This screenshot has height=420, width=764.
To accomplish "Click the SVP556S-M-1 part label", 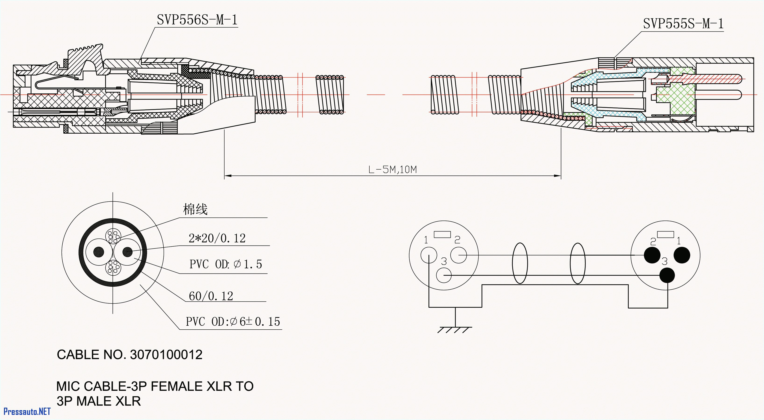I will click(197, 20).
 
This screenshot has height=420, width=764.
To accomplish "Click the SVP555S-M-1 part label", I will click(683, 24).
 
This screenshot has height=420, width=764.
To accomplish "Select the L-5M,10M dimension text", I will click(392, 170).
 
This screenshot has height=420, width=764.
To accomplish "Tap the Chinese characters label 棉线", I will click(195, 209).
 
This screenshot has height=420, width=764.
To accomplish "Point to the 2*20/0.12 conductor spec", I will click(217, 238).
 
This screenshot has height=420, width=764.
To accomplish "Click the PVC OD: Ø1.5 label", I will click(225, 264).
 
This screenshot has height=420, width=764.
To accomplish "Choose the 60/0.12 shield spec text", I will click(211, 296).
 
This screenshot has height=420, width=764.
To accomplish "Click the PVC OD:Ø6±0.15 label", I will click(232, 321).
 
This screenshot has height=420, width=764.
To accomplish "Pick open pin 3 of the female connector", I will click(444, 275).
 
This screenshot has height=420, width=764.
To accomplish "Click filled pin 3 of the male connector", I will click(667, 275).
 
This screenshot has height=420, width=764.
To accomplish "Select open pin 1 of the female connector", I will click(428, 255).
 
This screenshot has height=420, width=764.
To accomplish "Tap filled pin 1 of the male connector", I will click(682, 255).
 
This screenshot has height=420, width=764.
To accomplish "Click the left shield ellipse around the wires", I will click(520, 263).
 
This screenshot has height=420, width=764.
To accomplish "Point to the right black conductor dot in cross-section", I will click(128, 252).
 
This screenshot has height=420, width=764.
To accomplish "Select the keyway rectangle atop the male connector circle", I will click(665, 235).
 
